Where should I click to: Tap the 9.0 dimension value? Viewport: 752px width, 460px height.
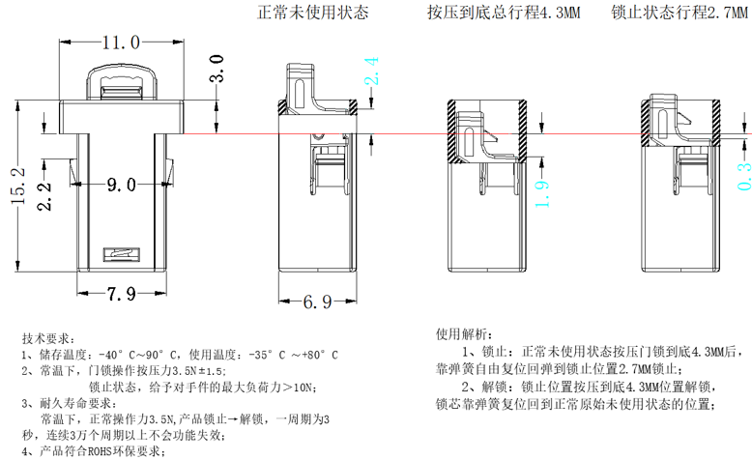tap(122, 185)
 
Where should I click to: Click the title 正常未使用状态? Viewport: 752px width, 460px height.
tap(312, 14)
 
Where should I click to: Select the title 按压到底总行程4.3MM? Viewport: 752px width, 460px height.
tap(504, 14)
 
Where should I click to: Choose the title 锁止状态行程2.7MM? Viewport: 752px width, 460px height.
tap(679, 14)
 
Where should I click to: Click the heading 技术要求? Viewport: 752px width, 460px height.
tap(46, 339)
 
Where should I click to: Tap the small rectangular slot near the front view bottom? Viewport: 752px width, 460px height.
tap(124, 254)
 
